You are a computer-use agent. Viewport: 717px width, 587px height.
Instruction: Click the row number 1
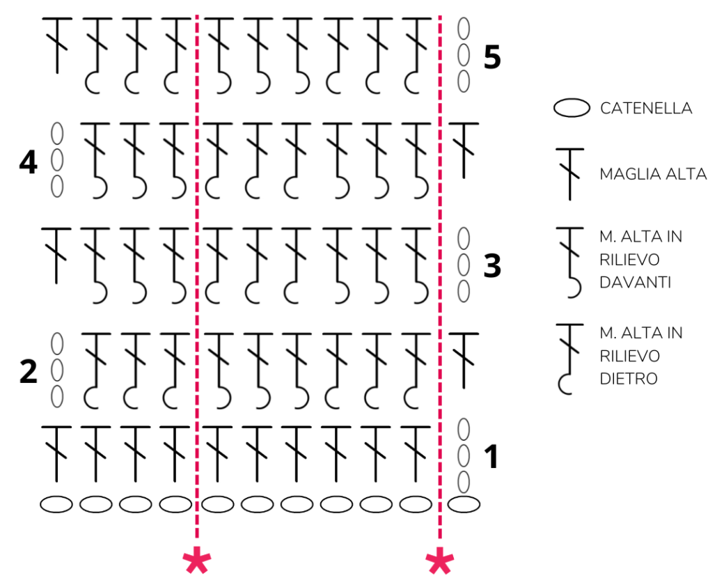pos(491,457)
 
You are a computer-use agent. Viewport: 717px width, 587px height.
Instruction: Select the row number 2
pos(28,372)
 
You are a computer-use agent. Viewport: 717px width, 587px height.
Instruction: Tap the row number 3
pos(492,266)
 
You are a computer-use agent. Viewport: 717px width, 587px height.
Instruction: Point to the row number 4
pos(28,163)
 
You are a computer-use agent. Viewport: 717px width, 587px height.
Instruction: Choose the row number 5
pos(492,57)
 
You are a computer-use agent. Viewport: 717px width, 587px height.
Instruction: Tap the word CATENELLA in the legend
pos(645,109)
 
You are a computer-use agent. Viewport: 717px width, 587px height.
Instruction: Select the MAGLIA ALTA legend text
pos(653,174)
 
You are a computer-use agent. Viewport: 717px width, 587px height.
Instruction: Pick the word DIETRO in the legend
pos(629,379)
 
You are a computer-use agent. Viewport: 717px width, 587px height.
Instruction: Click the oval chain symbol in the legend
pos(570,109)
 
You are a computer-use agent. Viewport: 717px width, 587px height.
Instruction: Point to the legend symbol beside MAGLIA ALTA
pos(570,174)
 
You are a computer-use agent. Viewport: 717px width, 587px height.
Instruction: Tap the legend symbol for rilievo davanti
pos(570,262)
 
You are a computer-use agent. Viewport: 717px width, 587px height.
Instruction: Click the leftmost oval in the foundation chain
pos(56,504)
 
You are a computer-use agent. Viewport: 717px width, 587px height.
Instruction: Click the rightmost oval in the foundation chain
pos(464,504)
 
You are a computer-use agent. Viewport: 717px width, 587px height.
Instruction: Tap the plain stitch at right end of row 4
pos(464,149)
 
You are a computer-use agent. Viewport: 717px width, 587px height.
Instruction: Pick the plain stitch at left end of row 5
pos(57,45)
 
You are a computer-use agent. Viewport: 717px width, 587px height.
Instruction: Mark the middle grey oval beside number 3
pos(464,265)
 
